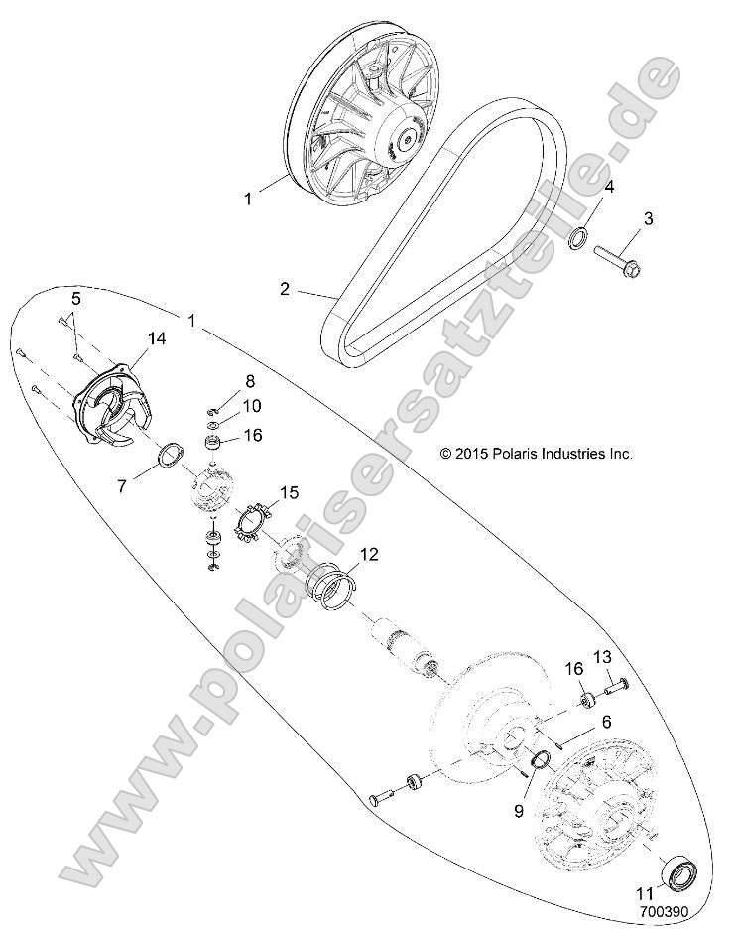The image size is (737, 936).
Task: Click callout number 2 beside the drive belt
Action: tap(285, 290)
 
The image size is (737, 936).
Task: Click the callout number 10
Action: tap(252, 405)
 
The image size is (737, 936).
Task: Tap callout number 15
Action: tap(289, 492)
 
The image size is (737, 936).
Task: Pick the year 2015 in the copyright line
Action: tap(471, 454)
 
